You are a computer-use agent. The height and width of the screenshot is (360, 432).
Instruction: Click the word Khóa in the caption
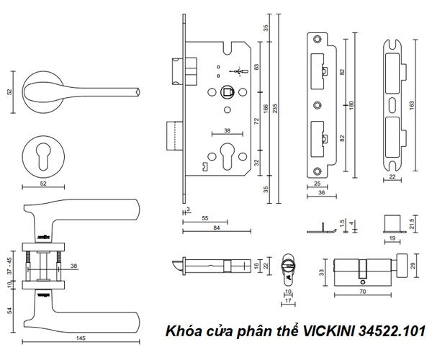pyautogui.click(x=182, y=332)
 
